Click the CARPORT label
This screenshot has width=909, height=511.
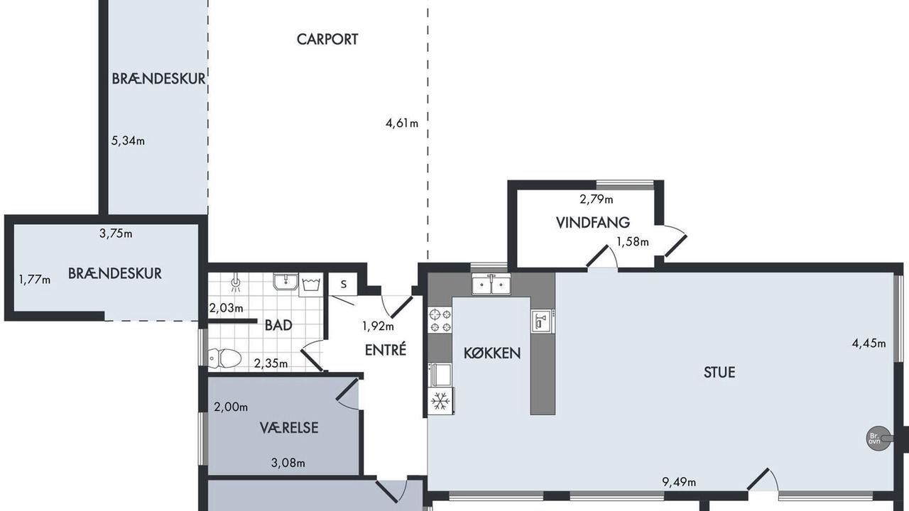coord(327,39)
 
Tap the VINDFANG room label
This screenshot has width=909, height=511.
coord(592,223)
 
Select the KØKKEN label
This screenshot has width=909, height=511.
coord(492,353)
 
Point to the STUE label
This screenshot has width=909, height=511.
coord(719,373)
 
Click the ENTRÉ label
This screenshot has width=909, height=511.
coord(386,350)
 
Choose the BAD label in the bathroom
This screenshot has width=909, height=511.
coord(278,325)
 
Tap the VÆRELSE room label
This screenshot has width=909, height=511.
coord(289,427)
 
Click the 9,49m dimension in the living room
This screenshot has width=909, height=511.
coord(679,482)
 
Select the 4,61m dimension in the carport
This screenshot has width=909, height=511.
coord(402,123)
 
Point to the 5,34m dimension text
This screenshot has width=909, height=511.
coord(128,141)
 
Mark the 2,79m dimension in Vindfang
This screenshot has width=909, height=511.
coord(596,199)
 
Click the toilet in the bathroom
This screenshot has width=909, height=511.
coord(224,358)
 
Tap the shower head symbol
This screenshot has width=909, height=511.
coord(236,282)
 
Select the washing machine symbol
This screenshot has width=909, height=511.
coord(311,285)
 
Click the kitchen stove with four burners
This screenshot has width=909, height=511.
coord(440,320)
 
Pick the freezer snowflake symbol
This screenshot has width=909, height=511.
coord(441,401)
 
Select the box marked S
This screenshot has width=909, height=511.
coord(343,284)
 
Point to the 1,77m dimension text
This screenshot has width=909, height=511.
coord(35,280)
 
